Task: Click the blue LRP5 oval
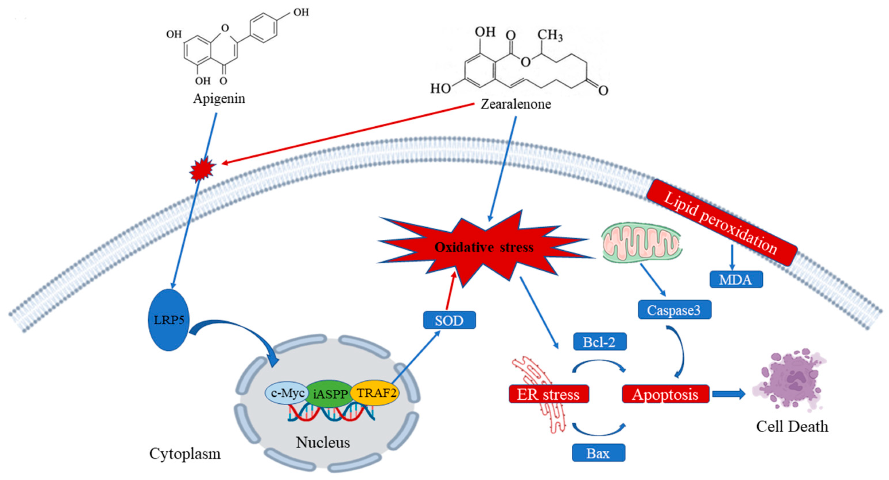point(169,320)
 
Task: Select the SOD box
point(449,320)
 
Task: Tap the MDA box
point(736,279)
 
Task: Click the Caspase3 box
point(674,310)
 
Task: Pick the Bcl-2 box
point(599,342)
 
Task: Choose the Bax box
point(598,453)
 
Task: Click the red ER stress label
point(548,394)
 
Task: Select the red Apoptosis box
point(665,394)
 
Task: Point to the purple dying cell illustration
point(789,380)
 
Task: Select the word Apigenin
point(219,99)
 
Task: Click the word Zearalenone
point(516,104)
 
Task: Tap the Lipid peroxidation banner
point(721,223)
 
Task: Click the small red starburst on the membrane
point(202,169)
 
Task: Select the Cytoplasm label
point(185,453)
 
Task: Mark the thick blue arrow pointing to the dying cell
point(729,394)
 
